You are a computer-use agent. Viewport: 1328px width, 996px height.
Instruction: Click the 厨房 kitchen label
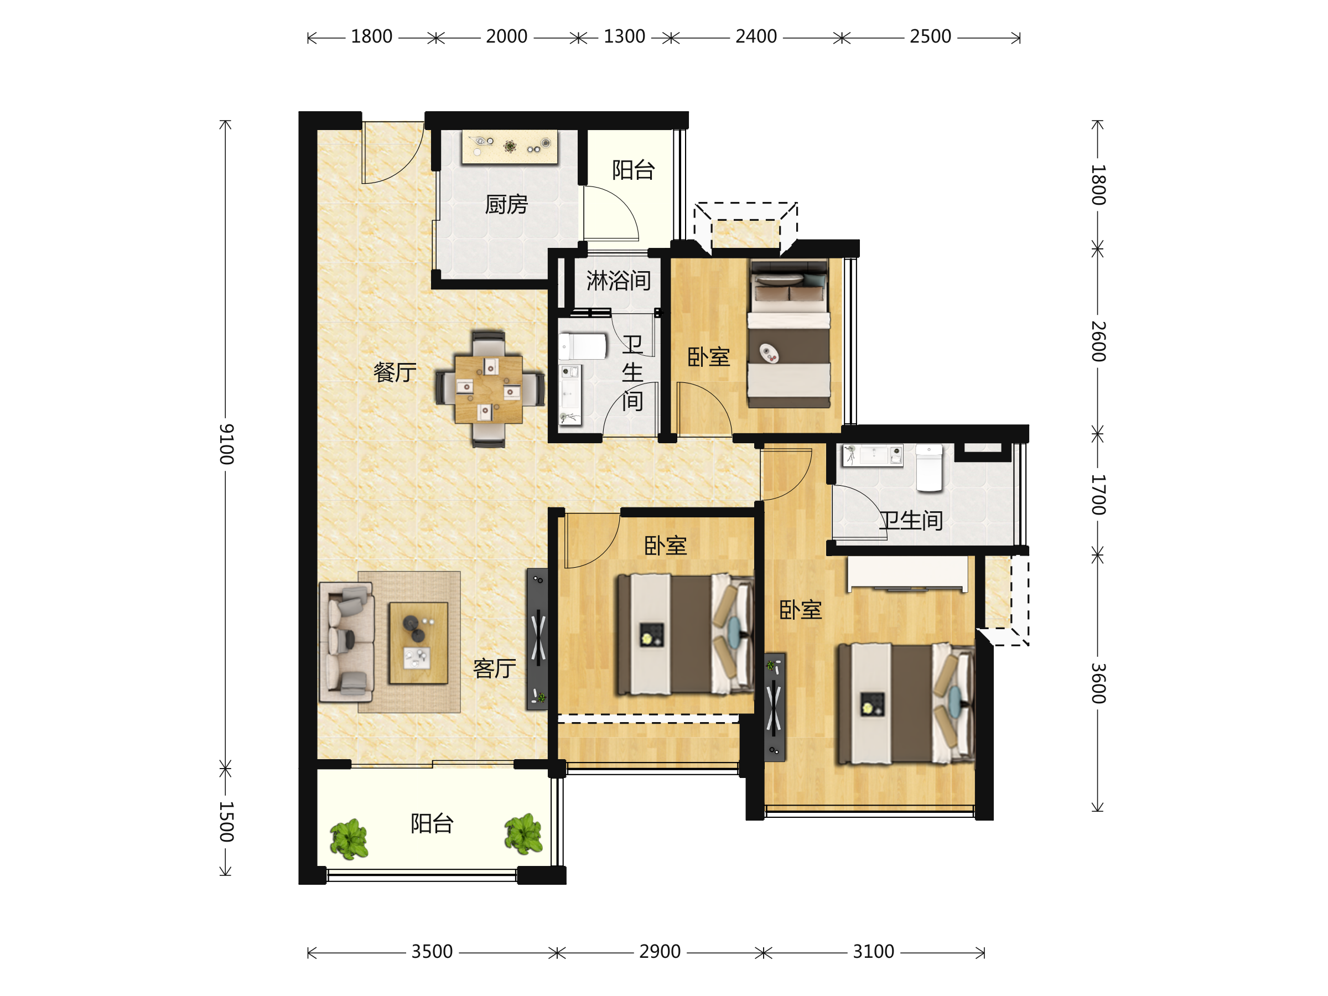[x=506, y=205]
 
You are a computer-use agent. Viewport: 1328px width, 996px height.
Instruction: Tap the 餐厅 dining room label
[x=395, y=372]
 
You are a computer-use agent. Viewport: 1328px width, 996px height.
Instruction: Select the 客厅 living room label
[x=494, y=668]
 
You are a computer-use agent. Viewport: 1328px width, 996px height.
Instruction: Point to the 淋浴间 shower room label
[x=619, y=281]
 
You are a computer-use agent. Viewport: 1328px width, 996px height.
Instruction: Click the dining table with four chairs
[x=489, y=390]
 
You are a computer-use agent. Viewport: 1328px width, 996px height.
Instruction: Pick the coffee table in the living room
[x=418, y=643]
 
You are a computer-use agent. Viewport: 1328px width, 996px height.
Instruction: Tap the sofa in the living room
[x=346, y=642]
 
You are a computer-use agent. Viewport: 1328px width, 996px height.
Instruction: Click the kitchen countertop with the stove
[x=509, y=147]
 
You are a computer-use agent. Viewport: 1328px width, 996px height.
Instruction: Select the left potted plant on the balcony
[x=349, y=839]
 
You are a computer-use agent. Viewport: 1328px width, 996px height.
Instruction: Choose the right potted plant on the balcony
[x=523, y=834]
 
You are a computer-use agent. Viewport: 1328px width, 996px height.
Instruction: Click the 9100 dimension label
[x=226, y=444]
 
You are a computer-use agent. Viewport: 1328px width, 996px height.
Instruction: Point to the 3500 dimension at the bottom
[x=432, y=952]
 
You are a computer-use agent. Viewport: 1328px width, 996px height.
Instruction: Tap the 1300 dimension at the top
[x=624, y=37]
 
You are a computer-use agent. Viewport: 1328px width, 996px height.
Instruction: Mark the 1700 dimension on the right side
[x=1098, y=495]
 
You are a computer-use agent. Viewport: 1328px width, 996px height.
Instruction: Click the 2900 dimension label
[x=659, y=952]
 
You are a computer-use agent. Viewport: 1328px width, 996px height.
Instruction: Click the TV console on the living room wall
[x=537, y=640]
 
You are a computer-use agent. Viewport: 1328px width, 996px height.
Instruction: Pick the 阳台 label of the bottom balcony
[x=432, y=824]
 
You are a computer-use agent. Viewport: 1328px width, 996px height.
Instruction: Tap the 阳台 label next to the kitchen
[x=633, y=170]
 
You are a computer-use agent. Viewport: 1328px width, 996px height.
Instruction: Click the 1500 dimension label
[x=226, y=821]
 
